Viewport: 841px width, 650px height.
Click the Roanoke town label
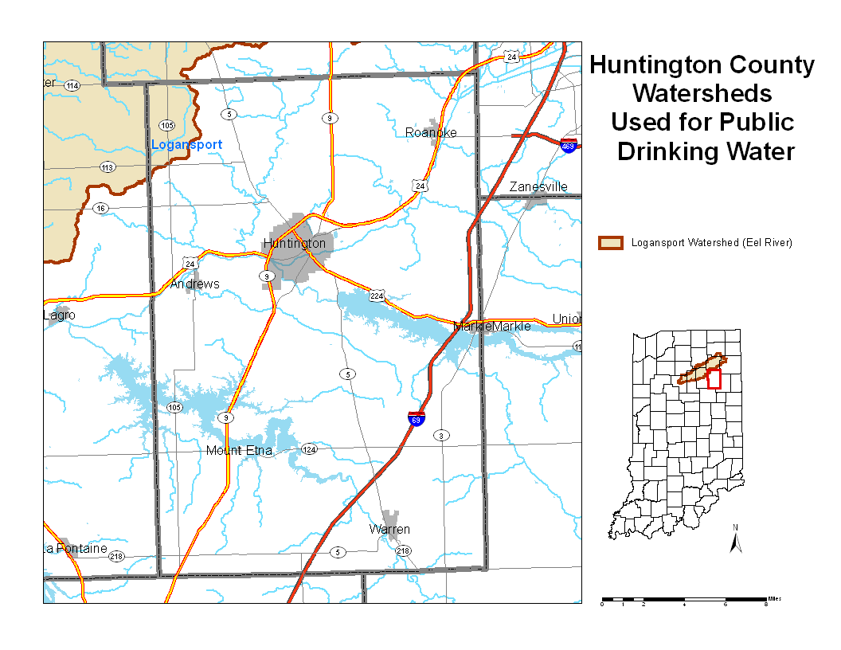[431, 132]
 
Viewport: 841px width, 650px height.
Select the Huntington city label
[294, 243]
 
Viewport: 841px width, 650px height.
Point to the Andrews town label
[194, 284]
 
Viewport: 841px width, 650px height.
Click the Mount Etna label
[239, 451]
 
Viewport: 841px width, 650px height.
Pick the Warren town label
[389, 530]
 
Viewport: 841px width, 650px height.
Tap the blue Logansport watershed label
[186, 144]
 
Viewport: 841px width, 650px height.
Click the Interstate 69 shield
[416, 419]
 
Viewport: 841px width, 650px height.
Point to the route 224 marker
[377, 296]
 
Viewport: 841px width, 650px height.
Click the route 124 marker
[309, 450]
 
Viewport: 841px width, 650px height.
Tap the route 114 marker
[72, 85]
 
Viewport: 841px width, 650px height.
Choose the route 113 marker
[108, 167]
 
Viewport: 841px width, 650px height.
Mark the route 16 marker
[100, 208]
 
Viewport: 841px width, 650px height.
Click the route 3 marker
[440, 436]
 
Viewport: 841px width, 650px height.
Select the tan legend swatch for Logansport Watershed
[611, 243]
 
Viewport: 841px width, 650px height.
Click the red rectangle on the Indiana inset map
[714, 379]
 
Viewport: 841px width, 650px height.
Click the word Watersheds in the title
[702, 93]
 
